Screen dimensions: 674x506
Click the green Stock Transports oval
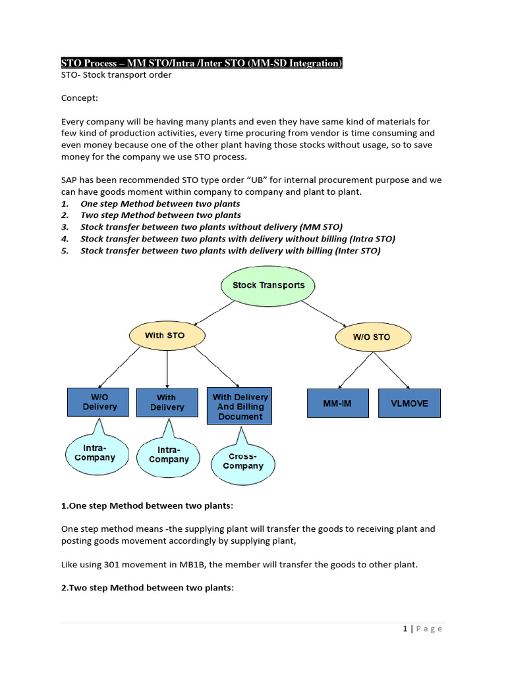click(x=268, y=286)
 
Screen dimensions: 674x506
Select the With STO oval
click(x=165, y=336)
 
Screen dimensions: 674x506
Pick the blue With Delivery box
click(x=167, y=403)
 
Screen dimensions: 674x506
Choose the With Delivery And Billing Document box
click(x=240, y=407)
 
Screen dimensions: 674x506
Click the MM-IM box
click(x=338, y=403)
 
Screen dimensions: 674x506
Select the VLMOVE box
click(x=409, y=403)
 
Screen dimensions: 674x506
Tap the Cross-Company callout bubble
click(x=242, y=461)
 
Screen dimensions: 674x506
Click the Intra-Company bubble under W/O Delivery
click(x=95, y=453)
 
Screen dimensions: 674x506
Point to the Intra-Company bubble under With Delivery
click(x=169, y=455)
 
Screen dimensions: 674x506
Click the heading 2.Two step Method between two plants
click(x=147, y=588)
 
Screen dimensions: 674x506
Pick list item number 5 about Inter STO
click(x=230, y=251)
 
